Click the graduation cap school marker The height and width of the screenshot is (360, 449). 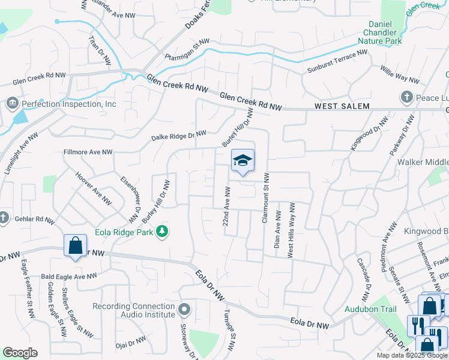(243, 161)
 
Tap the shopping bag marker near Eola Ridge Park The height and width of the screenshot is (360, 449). (75, 246)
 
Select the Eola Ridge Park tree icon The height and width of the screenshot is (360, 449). (161, 231)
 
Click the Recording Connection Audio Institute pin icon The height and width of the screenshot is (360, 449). (184, 310)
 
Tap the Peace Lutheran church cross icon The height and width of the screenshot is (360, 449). (406, 97)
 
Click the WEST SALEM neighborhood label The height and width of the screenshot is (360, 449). (342, 106)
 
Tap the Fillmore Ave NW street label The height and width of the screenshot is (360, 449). (88, 153)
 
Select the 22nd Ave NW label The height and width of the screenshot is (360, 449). (227, 206)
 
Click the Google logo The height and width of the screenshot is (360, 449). (20, 353)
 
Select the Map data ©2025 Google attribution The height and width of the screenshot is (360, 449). (412, 355)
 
